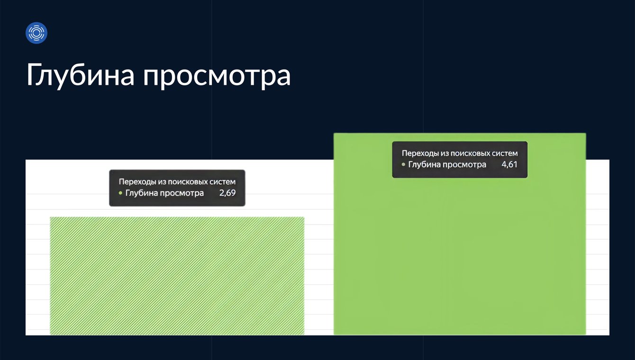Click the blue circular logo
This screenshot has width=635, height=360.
(36, 33)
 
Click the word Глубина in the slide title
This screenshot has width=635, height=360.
(81, 75)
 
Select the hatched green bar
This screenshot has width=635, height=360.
(177, 276)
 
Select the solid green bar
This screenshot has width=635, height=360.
(460, 234)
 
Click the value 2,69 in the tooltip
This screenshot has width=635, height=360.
(227, 193)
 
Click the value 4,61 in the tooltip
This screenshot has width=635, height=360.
(509, 164)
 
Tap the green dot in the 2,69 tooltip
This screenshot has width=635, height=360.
(120, 193)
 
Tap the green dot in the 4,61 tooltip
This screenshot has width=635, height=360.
(403, 164)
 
